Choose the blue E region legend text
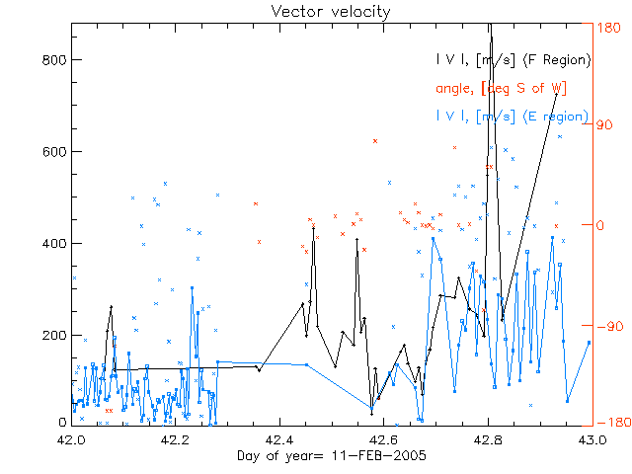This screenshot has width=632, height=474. [x=513, y=117]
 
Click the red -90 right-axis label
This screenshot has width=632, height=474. [x=610, y=325]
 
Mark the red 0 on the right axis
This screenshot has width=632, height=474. [x=601, y=225]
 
